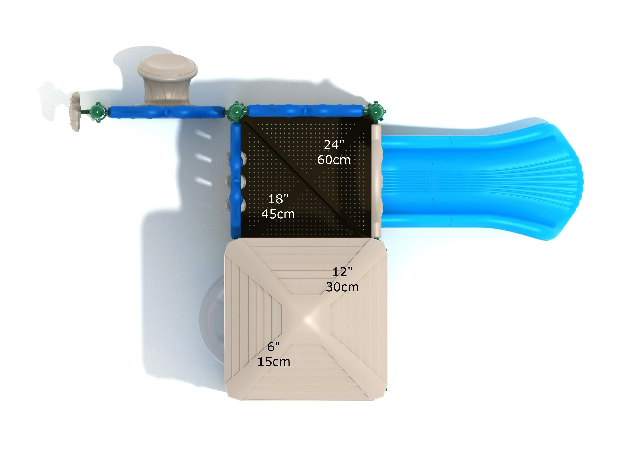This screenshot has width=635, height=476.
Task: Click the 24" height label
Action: (x=334, y=145)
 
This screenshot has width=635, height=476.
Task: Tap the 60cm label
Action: (x=334, y=160)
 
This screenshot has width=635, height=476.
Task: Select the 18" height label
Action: (x=278, y=199)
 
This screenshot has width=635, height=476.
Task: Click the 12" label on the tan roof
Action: (x=342, y=272)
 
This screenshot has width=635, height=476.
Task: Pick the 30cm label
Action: (x=342, y=287)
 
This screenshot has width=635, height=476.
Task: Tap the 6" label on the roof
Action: (x=273, y=347)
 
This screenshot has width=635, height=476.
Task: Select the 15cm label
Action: (x=273, y=362)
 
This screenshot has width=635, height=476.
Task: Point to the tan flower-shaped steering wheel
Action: (x=75, y=112)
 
